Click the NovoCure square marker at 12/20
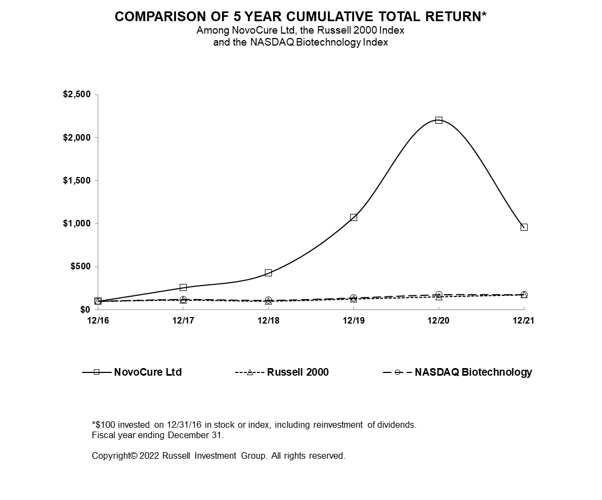click(439, 120)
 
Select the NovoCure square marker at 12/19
click(353, 217)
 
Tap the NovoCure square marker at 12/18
click(268, 273)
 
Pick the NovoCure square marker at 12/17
click(183, 287)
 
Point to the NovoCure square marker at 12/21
click(524, 227)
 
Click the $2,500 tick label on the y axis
click(77, 94)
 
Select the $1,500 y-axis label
click(77, 180)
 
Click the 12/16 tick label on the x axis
click(98, 321)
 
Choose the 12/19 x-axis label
click(353, 321)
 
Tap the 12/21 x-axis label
click(524, 321)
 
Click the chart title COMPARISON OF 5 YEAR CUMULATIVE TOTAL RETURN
click(301, 17)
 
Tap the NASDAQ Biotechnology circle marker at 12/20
click(439, 295)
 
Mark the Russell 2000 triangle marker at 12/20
click(439, 297)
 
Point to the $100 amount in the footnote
click(104, 425)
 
